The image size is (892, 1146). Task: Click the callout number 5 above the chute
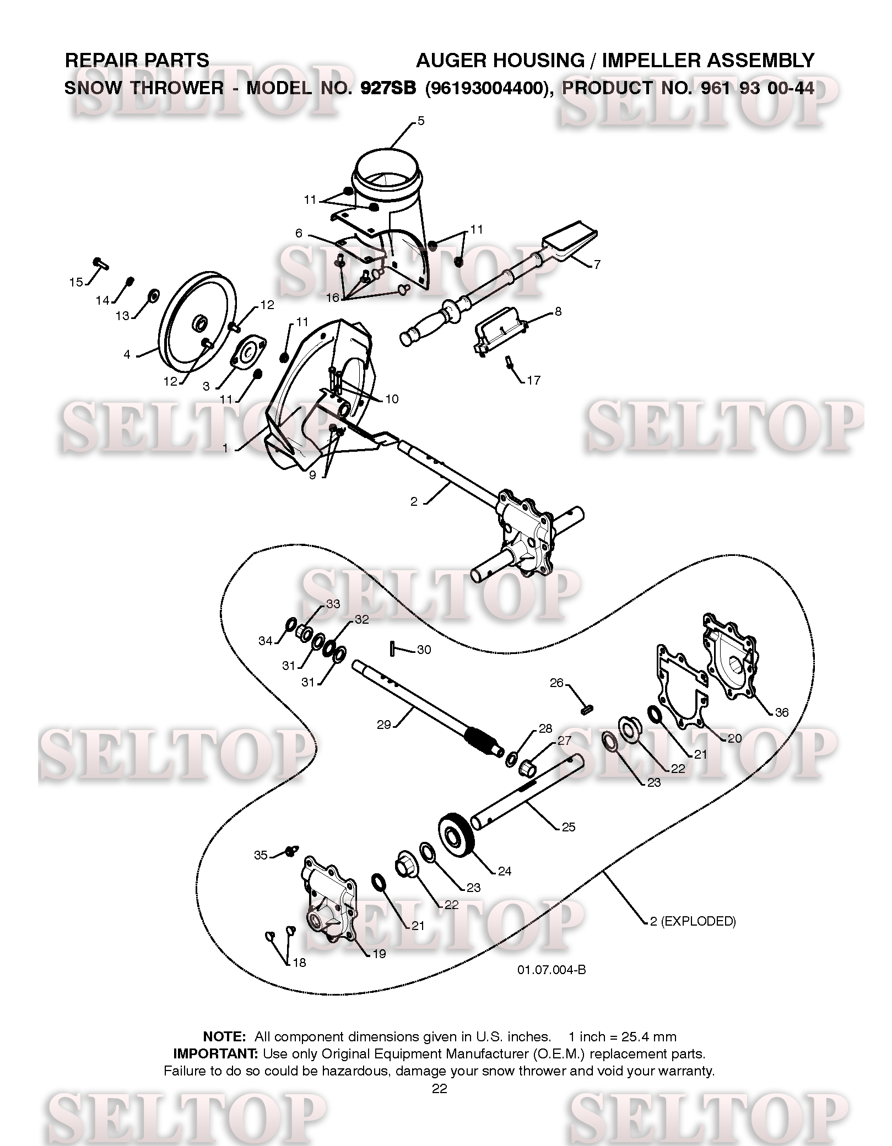421,121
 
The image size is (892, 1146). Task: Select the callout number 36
782,712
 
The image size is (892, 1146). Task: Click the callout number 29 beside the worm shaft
383,725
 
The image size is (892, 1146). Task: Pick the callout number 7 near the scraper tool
597,264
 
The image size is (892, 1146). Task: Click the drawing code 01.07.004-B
552,970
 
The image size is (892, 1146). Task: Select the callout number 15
76,282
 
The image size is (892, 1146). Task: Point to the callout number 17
533,380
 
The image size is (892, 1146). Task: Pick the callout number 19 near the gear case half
379,954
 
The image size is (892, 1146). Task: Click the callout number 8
558,312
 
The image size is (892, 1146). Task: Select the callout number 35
261,855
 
